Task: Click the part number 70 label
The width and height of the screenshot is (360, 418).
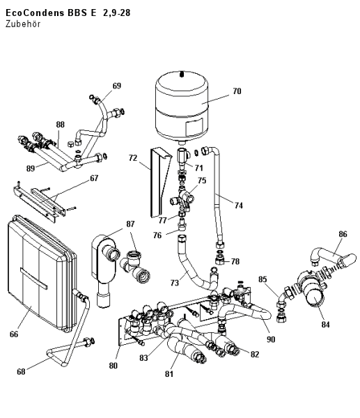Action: [x=237, y=91]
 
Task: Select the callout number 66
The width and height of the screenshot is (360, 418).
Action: [x=14, y=334]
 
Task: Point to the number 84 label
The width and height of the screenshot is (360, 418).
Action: [x=325, y=325]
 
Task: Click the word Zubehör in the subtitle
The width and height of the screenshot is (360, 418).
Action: [x=23, y=24]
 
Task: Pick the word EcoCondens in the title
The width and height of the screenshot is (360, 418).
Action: [x=35, y=13]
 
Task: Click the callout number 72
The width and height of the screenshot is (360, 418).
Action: [x=133, y=158]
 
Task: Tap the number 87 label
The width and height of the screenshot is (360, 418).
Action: [x=130, y=224]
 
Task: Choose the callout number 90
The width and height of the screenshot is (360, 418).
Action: [x=271, y=339]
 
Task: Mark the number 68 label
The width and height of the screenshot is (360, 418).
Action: [x=21, y=371]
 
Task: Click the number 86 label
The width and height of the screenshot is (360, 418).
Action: [x=343, y=234]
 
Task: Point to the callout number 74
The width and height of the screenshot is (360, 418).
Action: [x=238, y=206]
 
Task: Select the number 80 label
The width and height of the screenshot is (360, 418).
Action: [x=113, y=366]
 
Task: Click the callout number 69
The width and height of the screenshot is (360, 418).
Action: [x=117, y=86]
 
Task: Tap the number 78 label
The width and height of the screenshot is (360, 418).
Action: [x=235, y=261]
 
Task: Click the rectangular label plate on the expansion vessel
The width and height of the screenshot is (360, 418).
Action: [x=194, y=128]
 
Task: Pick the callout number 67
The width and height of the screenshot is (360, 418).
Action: [x=94, y=178]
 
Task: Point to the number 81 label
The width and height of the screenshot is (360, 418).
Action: [x=169, y=374]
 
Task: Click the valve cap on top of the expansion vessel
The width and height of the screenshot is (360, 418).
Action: [x=182, y=74]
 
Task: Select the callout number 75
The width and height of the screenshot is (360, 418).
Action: [x=202, y=180]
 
